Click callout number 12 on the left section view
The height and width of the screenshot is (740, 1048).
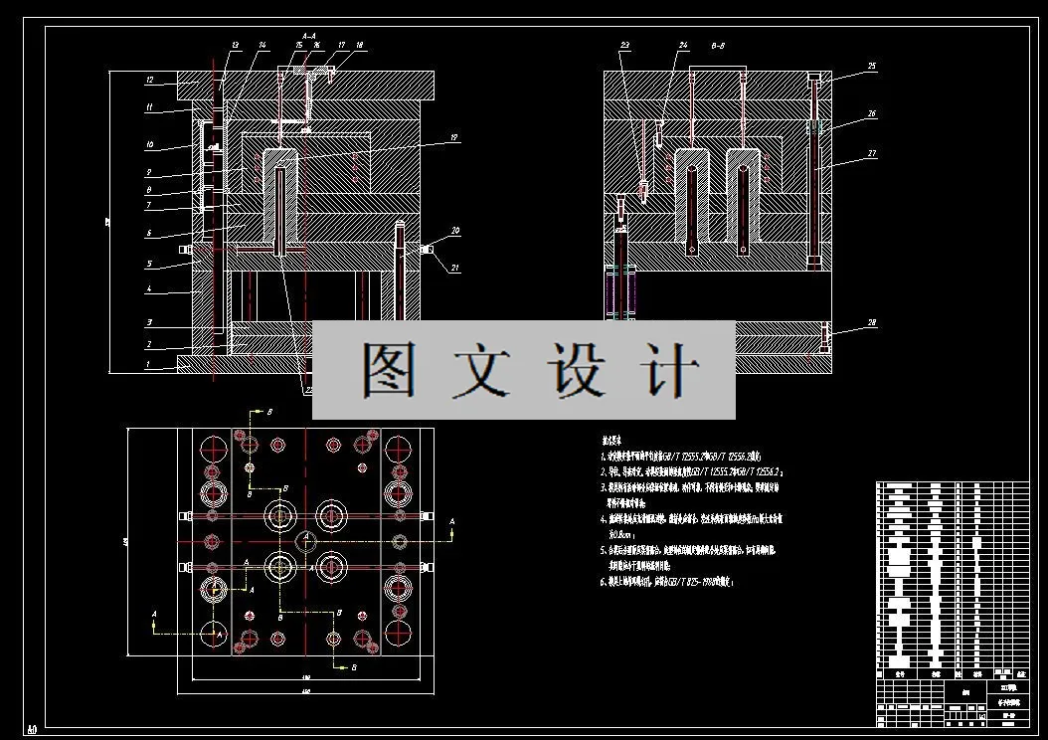(148, 80)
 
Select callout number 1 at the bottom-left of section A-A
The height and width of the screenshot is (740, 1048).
(148, 365)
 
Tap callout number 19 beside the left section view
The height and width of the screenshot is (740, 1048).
(452, 137)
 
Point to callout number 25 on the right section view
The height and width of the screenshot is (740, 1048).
(871, 67)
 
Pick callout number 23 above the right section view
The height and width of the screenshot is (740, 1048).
(624, 46)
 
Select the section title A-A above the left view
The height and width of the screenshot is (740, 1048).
(307, 35)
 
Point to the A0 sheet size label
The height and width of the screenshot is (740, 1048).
(32, 730)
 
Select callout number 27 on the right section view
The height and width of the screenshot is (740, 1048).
(871, 153)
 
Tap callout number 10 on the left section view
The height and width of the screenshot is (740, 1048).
(148, 145)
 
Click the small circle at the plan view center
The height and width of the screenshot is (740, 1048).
(306, 541)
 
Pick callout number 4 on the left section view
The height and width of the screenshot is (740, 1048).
(148, 290)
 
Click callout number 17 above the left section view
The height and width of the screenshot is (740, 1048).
(341, 46)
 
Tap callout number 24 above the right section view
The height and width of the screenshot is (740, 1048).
(683, 46)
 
